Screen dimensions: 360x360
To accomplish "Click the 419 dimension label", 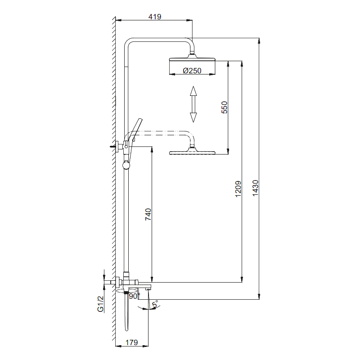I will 155,17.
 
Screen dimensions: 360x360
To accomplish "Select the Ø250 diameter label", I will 192,70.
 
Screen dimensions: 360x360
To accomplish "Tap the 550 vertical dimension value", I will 225,107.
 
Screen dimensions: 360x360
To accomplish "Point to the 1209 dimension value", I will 238,189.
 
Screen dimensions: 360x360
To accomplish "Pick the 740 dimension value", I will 148,215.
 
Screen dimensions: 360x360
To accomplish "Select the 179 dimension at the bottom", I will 131,342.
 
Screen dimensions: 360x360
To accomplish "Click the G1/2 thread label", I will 101,304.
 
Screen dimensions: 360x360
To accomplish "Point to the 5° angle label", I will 155,305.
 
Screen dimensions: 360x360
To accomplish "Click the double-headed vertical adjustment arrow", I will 193,104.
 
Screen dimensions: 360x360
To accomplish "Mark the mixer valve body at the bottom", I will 135,283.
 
